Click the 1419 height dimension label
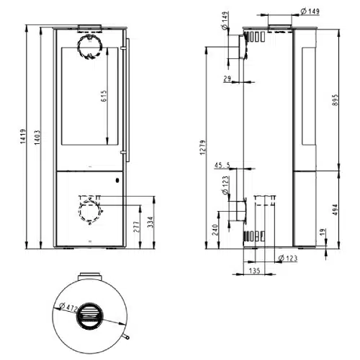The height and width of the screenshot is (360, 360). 23,137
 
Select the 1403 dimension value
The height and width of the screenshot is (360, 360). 37,138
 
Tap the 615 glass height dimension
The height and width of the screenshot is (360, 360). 104,96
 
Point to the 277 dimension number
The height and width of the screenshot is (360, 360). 136,227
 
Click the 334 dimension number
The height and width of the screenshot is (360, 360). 150,222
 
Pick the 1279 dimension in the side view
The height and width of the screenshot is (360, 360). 203,148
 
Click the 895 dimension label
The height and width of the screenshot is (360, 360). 335,100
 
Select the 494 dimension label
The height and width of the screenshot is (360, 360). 335,210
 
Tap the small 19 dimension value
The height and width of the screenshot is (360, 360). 323,232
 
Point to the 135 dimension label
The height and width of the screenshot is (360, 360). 254,271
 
